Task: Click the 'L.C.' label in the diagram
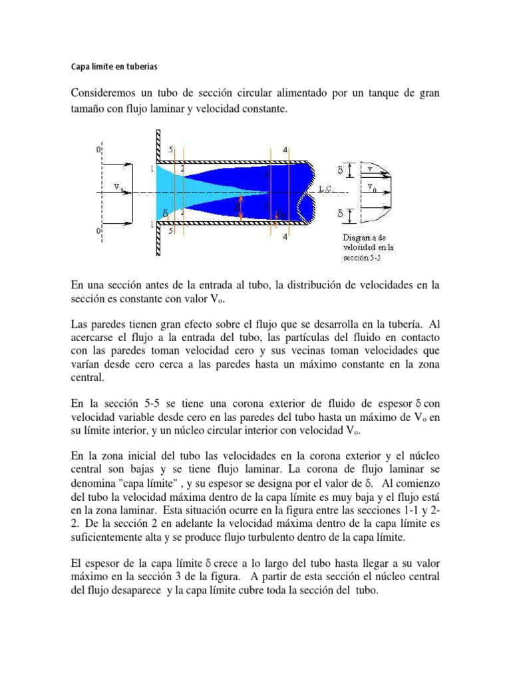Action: click(x=327, y=188)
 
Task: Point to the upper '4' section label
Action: click(x=285, y=150)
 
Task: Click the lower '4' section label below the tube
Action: click(x=285, y=238)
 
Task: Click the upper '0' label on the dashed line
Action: click(x=99, y=151)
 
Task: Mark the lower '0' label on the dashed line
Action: click(x=99, y=230)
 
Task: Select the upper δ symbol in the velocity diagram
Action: click(x=341, y=170)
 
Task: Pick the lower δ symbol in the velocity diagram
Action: click(x=341, y=215)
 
